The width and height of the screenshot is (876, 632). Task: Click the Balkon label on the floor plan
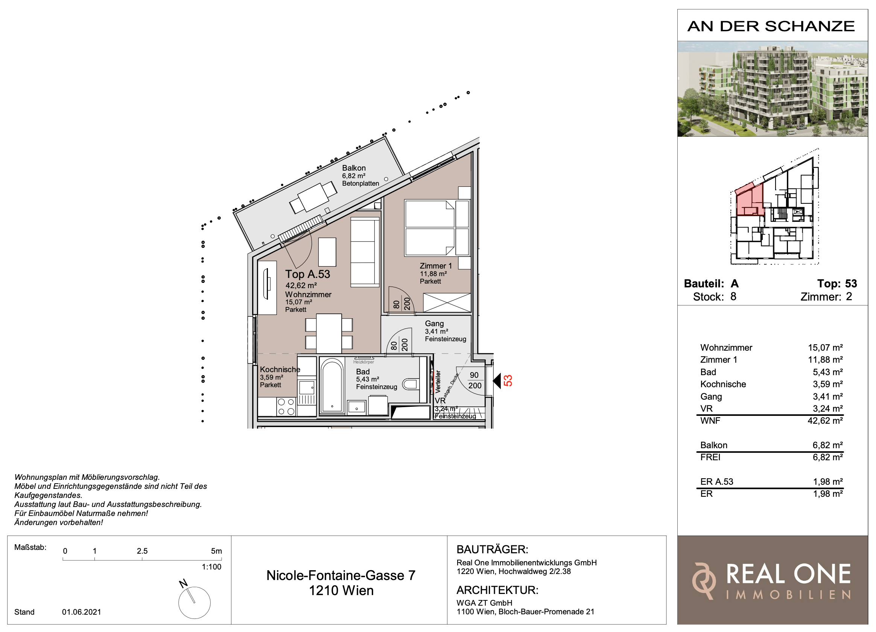click(x=353, y=168)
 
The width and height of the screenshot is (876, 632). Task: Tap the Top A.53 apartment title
click(x=307, y=274)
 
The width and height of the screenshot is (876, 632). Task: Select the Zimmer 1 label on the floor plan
click(x=436, y=266)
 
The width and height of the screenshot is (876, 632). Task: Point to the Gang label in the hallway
click(x=434, y=324)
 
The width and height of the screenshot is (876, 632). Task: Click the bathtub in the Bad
click(x=332, y=385)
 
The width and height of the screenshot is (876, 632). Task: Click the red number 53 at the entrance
click(x=508, y=381)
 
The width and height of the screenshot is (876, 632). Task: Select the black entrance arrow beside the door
click(x=497, y=381)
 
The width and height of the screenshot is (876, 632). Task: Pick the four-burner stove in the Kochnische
click(x=286, y=407)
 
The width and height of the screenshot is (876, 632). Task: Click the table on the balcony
click(x=313, y=197)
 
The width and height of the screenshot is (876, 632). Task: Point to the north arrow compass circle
click(x=194, y=602)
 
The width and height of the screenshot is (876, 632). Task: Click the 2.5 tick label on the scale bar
click(x=142, y=551)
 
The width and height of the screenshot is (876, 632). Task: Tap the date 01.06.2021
click(x=82, y=612)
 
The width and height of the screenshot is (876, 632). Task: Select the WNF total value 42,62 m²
click(x=825, y=421)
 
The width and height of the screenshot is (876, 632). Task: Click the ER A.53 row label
click(x=716, y=482)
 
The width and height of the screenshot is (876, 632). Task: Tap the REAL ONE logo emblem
click(x=704, y=581)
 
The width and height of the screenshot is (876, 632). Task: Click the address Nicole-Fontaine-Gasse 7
click(x=341, y=576)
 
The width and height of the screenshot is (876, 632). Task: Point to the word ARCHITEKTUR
click(x=497, y=590)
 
